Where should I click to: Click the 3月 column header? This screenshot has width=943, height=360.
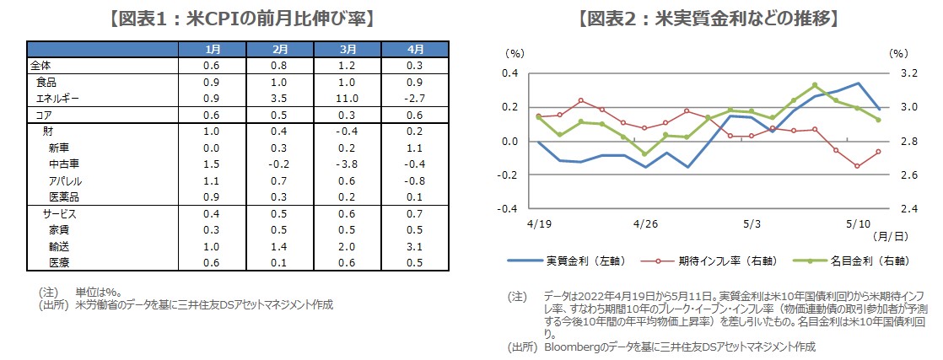tap(348, 49)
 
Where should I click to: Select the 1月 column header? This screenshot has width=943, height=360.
tap(213, 49)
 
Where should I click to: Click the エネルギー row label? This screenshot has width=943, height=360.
tap(58, 99)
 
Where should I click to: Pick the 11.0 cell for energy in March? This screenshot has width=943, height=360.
tap(348, 99)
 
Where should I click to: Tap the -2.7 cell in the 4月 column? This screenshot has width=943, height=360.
tap(414, 99)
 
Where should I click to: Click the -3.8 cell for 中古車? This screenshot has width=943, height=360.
tap(348, 164)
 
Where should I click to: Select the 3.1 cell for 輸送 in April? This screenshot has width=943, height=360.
tap(414, 247)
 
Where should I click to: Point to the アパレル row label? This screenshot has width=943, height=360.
tap(65, 181)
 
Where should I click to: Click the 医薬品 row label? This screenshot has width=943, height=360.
tap(65, 197)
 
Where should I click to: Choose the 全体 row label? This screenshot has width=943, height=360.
tap(40, 66)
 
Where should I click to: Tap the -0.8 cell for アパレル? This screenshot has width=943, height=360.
tap(414, 181)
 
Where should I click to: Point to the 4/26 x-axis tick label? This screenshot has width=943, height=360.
tap(644, 224)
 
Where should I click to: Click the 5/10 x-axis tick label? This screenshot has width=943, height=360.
tap(858, 224)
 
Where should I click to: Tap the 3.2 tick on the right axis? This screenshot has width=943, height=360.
tap(907, 73)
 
